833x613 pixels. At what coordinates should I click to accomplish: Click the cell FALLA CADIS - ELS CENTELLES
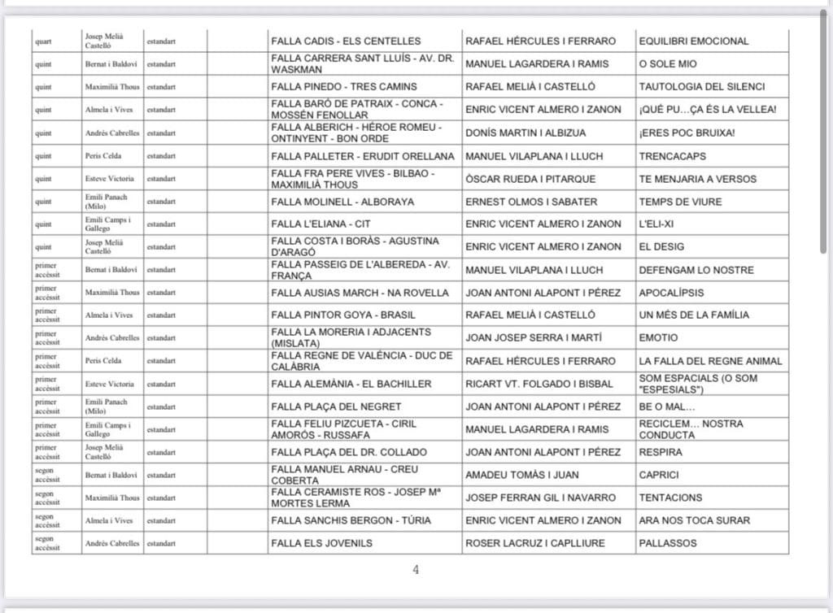346,41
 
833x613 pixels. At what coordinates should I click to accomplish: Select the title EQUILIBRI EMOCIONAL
694,41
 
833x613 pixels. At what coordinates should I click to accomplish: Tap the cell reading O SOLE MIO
668,64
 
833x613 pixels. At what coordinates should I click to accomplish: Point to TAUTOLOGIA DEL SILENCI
701,87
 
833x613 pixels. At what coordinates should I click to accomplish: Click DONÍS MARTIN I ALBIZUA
530,133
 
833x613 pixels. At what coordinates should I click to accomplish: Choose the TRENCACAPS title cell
673,155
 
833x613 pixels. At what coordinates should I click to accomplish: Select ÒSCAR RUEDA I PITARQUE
530,179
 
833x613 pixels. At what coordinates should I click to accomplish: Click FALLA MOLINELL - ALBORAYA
342,202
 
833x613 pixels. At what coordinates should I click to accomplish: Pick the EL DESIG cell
661,246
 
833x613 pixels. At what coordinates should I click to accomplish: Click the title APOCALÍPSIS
671,293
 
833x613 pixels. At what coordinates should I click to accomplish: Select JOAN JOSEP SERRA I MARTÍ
533,337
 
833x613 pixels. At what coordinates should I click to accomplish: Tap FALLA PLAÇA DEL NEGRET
336,406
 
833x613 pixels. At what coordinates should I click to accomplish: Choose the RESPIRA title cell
661,452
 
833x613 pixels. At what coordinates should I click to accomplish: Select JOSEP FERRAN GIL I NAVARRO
540,498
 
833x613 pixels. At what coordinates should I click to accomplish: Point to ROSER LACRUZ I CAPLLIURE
536,543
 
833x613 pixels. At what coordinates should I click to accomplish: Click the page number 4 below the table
416,570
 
